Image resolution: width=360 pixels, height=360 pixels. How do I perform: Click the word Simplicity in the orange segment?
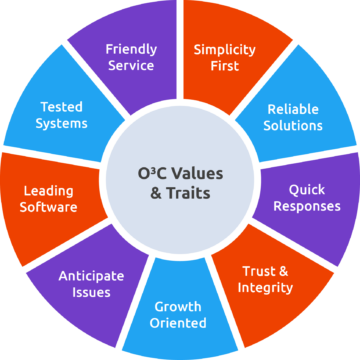click(225, 49)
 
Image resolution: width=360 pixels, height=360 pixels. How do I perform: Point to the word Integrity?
click(266, 288)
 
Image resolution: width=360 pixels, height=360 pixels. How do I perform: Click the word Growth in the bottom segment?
click(178, 306)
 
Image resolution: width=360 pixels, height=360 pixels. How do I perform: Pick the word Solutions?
click(295, 126)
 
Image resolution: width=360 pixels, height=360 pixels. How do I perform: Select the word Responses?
click(307, 206)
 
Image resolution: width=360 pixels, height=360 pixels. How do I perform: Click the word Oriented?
click(178, 323)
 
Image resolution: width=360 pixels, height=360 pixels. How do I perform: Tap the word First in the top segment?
click(225, 66)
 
